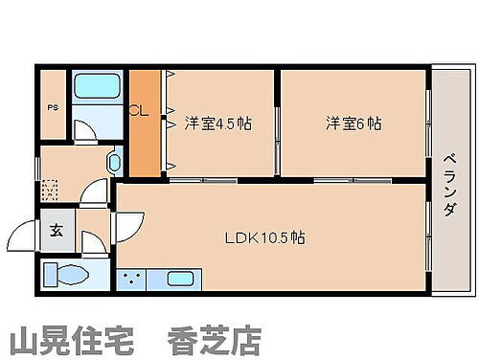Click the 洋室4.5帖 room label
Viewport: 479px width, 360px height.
217,124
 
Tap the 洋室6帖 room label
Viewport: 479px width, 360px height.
353,124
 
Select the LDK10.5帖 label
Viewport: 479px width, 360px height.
265,236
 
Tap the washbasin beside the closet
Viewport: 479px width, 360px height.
114,162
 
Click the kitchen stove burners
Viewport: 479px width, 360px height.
131,279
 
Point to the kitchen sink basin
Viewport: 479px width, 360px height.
180,279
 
